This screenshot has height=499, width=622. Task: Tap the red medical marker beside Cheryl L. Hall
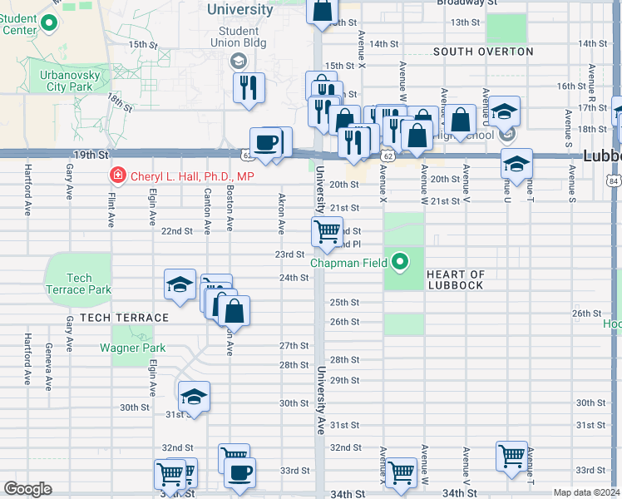(x=118, y=175)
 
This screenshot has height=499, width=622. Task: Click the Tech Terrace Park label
(x=79, y=284)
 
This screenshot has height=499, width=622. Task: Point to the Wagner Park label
(x=133, y=348)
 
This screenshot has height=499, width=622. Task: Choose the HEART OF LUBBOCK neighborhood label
(x=455, y=280)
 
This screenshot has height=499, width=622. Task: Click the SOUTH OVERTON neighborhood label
(x=483, y=52)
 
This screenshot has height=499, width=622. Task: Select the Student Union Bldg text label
(x=239, y=37)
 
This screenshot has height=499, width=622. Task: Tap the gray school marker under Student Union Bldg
(x=239, y=60)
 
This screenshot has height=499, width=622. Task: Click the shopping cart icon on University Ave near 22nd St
(x=328, y=231)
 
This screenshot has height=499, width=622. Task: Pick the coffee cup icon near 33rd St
(x=240, y=472)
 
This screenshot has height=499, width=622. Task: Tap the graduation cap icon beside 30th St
(x=194, y=396)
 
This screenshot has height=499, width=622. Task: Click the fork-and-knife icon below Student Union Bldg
(x=249, y=87)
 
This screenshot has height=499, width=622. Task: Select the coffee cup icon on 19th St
(x=266, y=142)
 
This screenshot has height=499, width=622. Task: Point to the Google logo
(x=28, y=489)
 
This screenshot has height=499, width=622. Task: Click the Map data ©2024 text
(x=586, y=492)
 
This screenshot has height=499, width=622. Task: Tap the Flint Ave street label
(x=110, y=209)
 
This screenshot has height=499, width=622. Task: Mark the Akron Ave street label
(x=281, y=215)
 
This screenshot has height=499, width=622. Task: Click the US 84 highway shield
(x=613, y=180)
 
